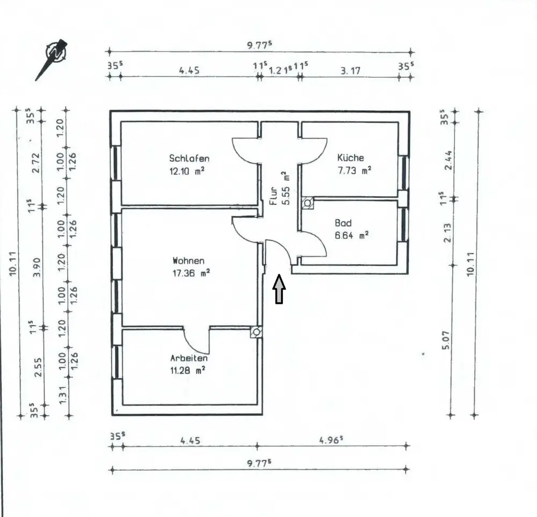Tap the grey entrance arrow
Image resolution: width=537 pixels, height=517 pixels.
coord(279,289)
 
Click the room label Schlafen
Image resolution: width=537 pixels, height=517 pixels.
coord(189,158)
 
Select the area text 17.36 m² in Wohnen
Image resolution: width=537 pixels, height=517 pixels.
coord(191,273)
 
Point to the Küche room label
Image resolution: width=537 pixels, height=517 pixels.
coord(350,158)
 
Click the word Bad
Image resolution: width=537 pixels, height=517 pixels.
coord(343,223)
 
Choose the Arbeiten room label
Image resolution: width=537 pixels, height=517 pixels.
coord(189,358)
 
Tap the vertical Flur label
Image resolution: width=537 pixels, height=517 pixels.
coord(273,196)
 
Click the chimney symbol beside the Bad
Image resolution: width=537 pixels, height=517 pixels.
coord(307,203)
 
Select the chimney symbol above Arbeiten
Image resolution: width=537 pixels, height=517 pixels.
coord(257,332)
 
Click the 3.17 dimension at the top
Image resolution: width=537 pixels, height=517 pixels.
coord(350,70)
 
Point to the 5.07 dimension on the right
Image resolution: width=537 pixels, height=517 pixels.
coord(446,341)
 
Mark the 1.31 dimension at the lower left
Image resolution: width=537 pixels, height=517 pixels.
coord(62,394)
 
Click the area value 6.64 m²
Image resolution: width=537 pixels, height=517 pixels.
coord(352,235)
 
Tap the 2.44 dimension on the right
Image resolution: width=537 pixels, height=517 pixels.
coord(448,160)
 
